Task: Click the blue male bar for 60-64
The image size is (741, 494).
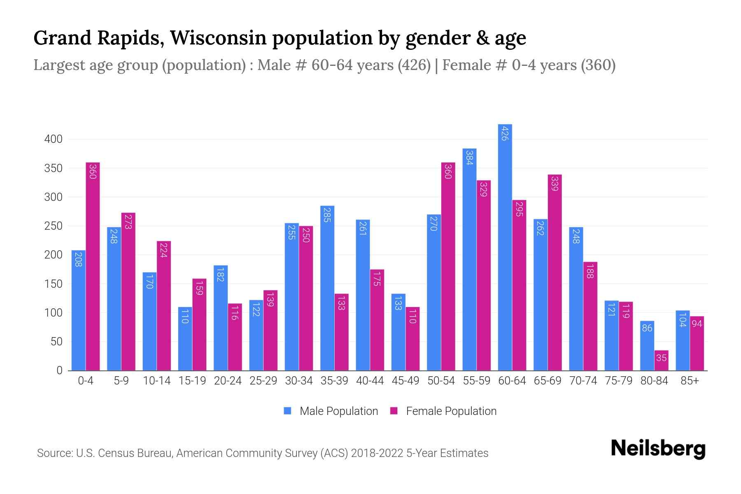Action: pyautogui.click(x=505, y=247)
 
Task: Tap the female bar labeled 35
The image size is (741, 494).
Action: pyautogui.click(x=661, y=360)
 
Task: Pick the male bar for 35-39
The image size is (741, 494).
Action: pyautogui.click(x=327, y=288)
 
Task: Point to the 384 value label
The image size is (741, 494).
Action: pyautogui.click(x=469, y=158)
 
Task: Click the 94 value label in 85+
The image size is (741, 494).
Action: pyautogui.click(x=697, y=324)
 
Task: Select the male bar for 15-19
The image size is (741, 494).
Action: pyautogui.click(x=185, y=338)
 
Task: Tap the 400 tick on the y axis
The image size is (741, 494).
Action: pyautogui.click(x=54, y=139)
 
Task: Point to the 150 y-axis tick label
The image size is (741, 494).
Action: pyautogui.click(x=54, y=284)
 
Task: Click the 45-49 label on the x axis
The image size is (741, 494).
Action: pyautogui.click(x=405, y=381)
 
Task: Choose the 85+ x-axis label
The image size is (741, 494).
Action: pyautogui.click(x=690, y=381)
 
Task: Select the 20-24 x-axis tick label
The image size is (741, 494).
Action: pyautogui.click(x=228, y=381)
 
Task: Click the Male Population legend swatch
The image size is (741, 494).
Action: pyautogui.click(x=287, y=411)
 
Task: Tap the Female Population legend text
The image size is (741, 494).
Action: pyautogui.click(x=451, y=411)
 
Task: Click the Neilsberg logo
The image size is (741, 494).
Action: pyautogui.click(x=658, y=449)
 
